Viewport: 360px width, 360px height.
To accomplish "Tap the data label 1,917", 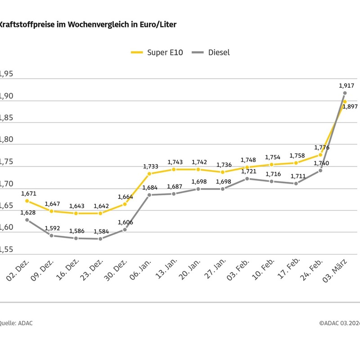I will click(x=346, y=85).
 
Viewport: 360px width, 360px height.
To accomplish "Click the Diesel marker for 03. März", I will click(x=345, y=93).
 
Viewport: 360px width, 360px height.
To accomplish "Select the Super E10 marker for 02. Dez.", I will click(x=27, y=201).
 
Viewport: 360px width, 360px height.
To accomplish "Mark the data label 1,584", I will click(x=101, y=231).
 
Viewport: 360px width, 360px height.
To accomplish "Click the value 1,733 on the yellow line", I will click(x=151, y=166).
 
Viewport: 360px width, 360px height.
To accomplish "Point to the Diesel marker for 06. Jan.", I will click(x=149, y=195).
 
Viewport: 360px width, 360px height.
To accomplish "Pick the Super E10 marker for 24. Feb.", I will click(x=320, y=154).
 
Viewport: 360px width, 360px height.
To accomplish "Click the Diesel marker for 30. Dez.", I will click(x=125, y=229).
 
